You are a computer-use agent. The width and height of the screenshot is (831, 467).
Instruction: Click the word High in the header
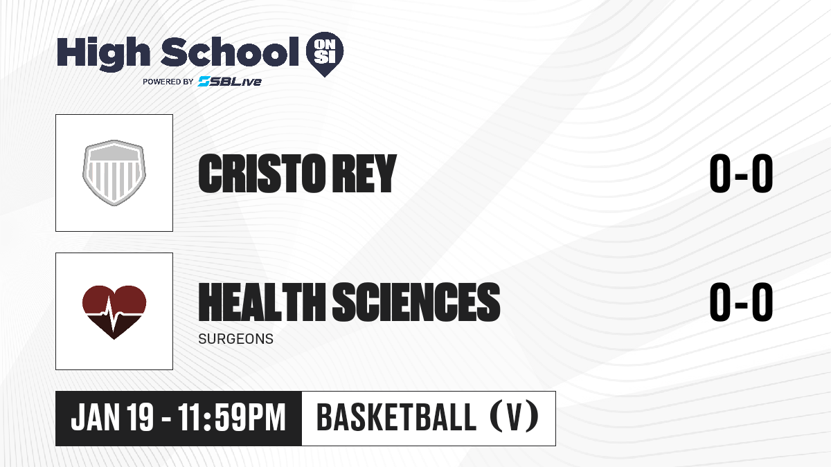coord(103,54)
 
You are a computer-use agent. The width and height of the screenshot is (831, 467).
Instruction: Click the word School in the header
coord(230,52)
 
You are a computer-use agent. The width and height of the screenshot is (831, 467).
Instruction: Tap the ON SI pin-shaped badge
coord(325,54)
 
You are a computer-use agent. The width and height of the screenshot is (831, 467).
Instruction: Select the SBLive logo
coord(229,82)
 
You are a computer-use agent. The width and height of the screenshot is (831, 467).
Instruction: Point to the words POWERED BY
coord(168,82)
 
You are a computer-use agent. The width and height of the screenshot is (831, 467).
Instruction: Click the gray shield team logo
coord(114,173)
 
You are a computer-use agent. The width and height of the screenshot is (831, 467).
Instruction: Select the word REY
coord(364,174)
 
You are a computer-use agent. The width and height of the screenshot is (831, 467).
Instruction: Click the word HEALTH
coord(262,302)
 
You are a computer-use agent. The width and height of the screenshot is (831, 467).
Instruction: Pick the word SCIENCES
coord(416,302)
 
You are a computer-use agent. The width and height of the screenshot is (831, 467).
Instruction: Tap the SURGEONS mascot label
coord(236,339)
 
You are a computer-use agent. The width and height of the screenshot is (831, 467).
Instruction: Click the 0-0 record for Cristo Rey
coord(741,174)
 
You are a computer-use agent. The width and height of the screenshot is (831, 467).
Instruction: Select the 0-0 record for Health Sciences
coord(741,302)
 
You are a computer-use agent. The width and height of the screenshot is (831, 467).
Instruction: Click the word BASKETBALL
coord(397,417)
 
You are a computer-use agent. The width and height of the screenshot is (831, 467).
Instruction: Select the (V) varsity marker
coord(515,417)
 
